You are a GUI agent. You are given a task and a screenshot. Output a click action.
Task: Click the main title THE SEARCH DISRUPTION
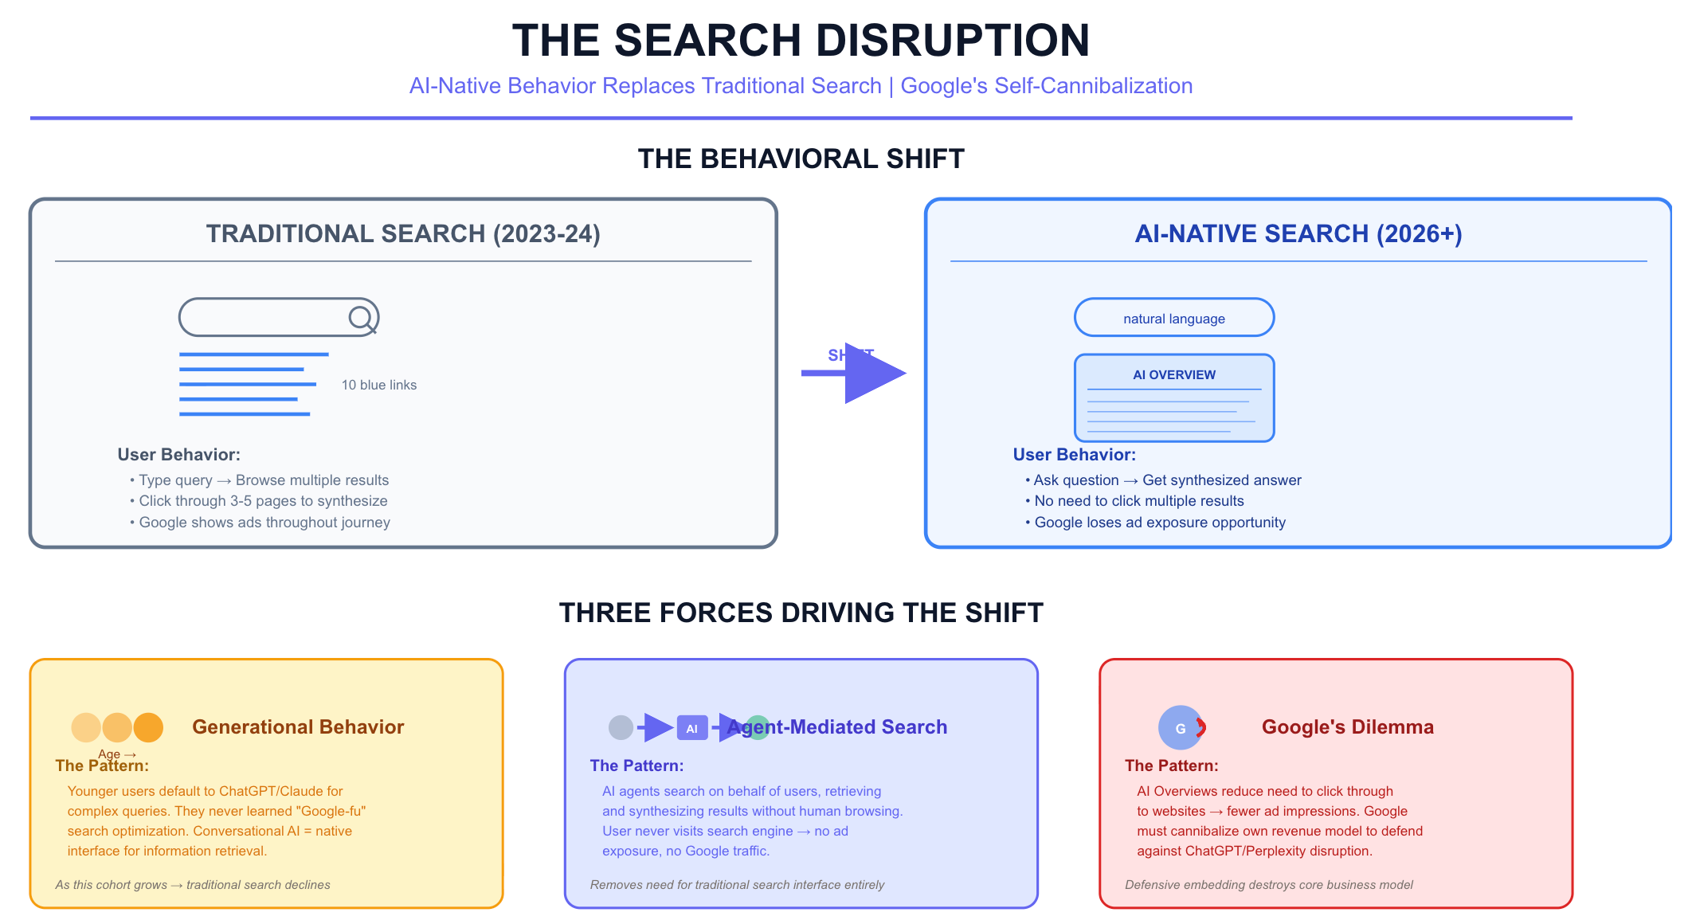(x=801, y=41)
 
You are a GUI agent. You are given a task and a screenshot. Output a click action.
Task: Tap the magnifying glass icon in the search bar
(x=361, y=318)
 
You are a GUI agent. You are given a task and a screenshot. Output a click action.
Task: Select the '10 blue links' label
(x=379, y=386)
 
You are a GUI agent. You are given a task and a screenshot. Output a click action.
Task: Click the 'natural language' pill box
(x=1173, y=318)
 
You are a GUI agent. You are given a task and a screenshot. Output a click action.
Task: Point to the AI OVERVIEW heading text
(x=1174, y=375)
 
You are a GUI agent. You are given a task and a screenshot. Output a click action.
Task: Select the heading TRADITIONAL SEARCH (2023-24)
(x=403, y=234)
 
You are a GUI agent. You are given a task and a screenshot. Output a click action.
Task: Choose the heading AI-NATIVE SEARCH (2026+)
(x=1298, y=234)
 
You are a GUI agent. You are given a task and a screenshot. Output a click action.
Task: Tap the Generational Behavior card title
(x=298, y=727)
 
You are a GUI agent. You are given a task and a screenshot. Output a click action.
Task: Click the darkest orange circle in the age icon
(x=148, y=727)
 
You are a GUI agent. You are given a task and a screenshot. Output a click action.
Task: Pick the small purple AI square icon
(x=691, y=728)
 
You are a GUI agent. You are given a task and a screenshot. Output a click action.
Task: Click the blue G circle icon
(x=1180, y=728)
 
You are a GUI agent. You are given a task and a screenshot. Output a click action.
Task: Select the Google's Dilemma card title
(x=1347, y=727)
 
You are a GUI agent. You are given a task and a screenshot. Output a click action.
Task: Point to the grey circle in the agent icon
(x=621, y=727)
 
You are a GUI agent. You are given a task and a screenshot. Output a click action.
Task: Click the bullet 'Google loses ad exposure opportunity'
(x=1159, y=523)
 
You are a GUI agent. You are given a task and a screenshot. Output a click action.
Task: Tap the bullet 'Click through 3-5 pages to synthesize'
(x=263, y=501)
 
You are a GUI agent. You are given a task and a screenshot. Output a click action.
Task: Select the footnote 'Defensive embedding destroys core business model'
(x=1268, y=885)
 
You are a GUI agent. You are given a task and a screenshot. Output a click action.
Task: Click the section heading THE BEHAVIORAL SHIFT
(x=801, y=159)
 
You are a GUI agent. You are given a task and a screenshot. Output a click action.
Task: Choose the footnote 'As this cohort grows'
(x=192, y=885)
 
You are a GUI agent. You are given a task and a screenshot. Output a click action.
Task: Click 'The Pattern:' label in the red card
(x=1171, y=766)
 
